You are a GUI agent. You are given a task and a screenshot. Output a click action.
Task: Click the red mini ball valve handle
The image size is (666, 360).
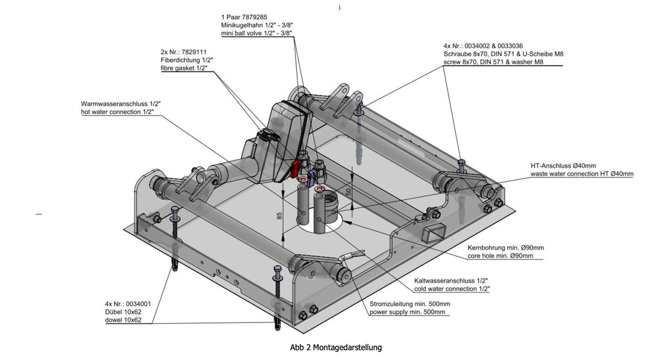[298, 165]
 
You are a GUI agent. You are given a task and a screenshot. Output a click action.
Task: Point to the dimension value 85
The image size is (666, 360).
[279, 216]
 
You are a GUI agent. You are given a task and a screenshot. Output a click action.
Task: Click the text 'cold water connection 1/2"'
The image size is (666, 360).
[452, 288]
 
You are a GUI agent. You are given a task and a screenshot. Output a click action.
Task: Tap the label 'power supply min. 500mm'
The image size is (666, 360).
[409, 313]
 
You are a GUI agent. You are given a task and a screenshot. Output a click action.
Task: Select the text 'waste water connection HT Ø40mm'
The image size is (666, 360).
[582, 174]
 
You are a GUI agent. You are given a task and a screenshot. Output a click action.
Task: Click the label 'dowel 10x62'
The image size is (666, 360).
[123, 320]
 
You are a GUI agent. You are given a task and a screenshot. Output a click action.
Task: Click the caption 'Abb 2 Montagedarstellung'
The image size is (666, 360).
[335, 348]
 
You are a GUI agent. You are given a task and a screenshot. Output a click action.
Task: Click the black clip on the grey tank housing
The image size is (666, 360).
[266, 133]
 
